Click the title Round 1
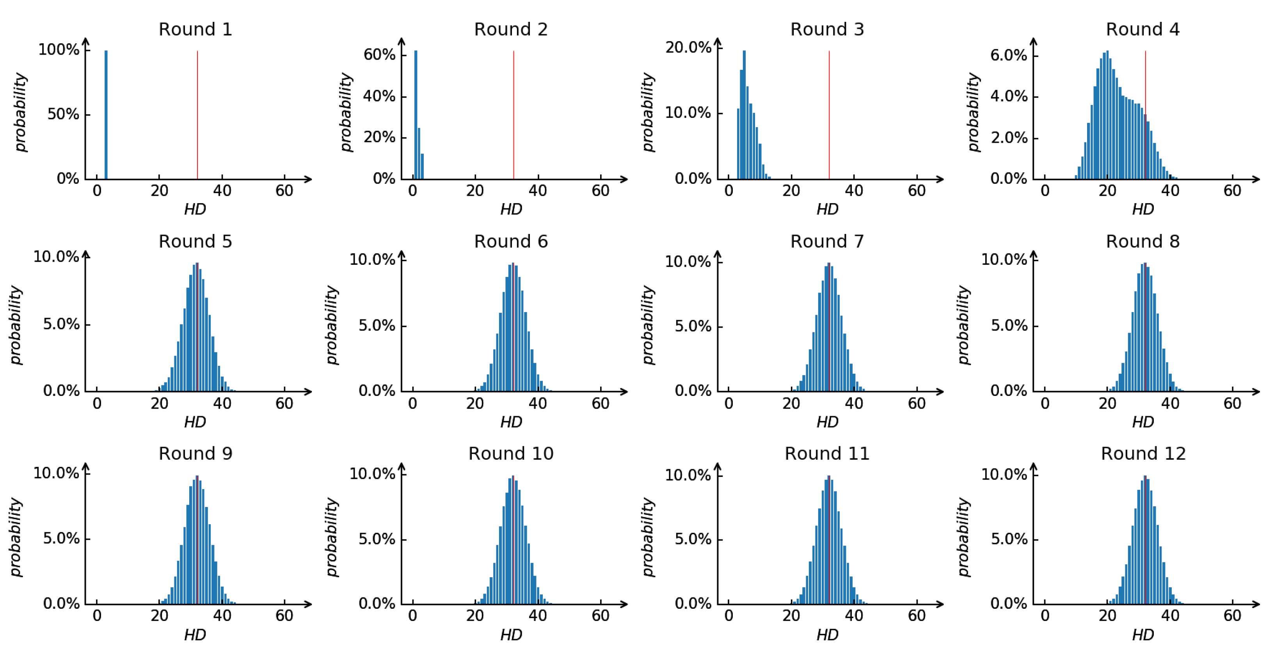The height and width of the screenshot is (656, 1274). click(195, 29)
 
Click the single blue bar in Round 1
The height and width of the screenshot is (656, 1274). click(106, 114)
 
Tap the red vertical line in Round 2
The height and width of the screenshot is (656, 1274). click(514, 114)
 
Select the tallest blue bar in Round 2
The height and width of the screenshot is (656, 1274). click(416, 114)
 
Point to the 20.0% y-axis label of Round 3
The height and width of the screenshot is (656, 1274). click(688, 48)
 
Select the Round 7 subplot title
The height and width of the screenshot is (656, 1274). click(827, 242)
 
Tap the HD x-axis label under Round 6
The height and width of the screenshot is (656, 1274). click(511, 422)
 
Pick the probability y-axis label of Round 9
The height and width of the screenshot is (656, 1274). click(16, 537)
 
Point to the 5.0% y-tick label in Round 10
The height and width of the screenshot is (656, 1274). click(377, 539)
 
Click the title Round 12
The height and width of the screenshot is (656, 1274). click(1143, 454)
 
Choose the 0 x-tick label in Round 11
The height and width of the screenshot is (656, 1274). click(729, 616)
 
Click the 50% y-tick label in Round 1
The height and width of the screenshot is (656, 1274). click(63, 114)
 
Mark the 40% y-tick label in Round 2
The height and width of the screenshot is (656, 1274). click(379, 96)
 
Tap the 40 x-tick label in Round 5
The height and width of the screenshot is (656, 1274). click(222, 403)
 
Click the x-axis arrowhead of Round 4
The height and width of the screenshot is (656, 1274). click(1256, 179)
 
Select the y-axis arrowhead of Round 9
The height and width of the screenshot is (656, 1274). click(85, 466)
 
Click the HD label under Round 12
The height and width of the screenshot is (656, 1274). click(1143, 635)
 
